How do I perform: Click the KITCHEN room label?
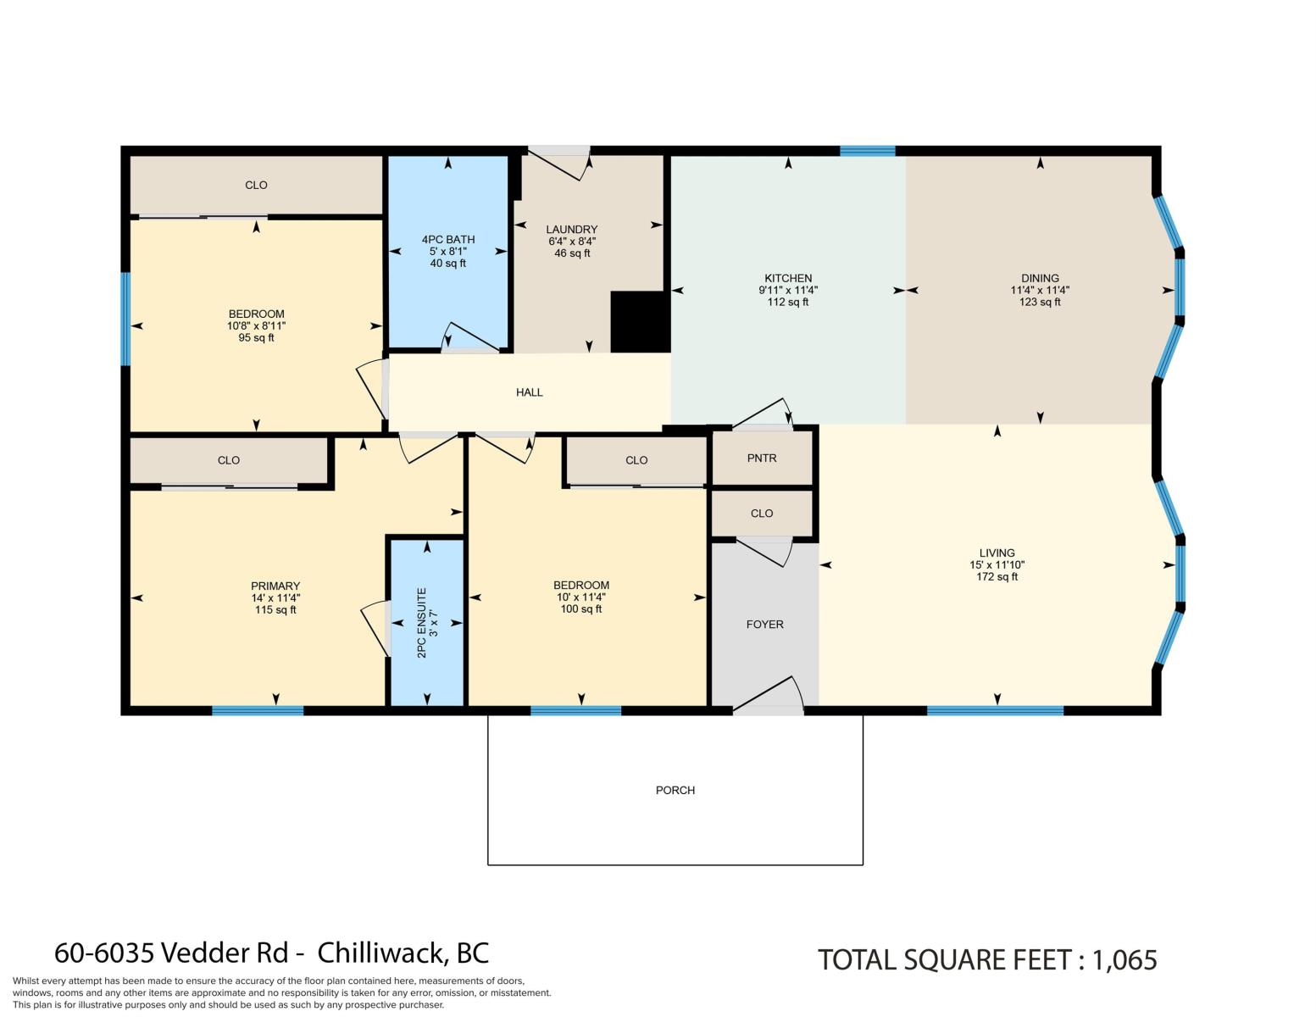[x=788, y=278]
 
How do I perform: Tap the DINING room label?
[x=1040, y=278]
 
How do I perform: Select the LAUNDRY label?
[x=572, y=230]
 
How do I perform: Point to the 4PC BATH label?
[x=448, y=240]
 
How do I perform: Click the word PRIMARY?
[x=275, y=586]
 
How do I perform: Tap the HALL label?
[x=530, y=392]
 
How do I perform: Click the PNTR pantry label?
[x=762, y=458]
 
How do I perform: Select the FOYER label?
[x=765, y=625]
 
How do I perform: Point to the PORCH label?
[x=675, y=791]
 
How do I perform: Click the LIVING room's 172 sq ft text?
[x=997, y=577]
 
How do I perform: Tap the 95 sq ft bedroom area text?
[x=256, y=338]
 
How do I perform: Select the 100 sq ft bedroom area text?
[x=581, y=609]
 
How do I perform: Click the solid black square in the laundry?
[x=640, y=322]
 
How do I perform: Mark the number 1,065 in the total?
[x=1124, y=961]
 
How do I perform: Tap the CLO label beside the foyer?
[x=762, y=514]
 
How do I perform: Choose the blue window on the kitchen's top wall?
[x=867, y=151]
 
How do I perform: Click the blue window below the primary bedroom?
[x=258, y=710]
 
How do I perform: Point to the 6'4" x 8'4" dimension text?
[x=572, y=242]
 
